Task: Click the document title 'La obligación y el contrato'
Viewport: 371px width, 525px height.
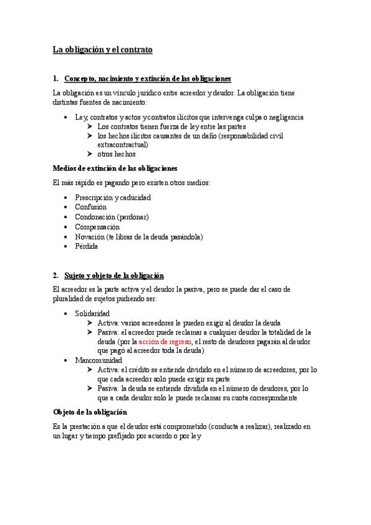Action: (103, 49)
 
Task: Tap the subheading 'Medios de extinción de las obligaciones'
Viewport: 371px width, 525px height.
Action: (115, 168)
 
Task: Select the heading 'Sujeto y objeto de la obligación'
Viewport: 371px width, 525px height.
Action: (114, 276)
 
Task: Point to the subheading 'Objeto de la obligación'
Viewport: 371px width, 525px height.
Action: (90, 412)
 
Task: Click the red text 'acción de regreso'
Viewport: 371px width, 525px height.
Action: (165, 342)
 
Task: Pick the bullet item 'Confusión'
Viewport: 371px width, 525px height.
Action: (90, 207)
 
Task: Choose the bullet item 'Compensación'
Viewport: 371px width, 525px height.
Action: (97, 227)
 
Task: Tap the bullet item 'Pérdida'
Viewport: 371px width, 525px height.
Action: (87, 246)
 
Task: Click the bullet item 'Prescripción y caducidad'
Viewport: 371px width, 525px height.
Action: (113, 197)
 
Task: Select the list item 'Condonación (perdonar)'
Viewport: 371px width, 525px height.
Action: (112, 217)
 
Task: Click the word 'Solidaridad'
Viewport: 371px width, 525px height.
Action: (92, 314)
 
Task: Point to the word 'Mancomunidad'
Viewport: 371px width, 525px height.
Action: (98, 360)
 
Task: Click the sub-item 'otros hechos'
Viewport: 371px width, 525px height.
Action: (116, 154)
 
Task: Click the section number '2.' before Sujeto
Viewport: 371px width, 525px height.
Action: (56, 276)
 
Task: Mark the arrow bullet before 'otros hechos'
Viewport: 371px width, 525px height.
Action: (90, 154)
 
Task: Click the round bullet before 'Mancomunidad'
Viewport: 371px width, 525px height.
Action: (66, 360)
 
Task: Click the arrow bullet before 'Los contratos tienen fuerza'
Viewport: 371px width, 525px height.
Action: (90, 126)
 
